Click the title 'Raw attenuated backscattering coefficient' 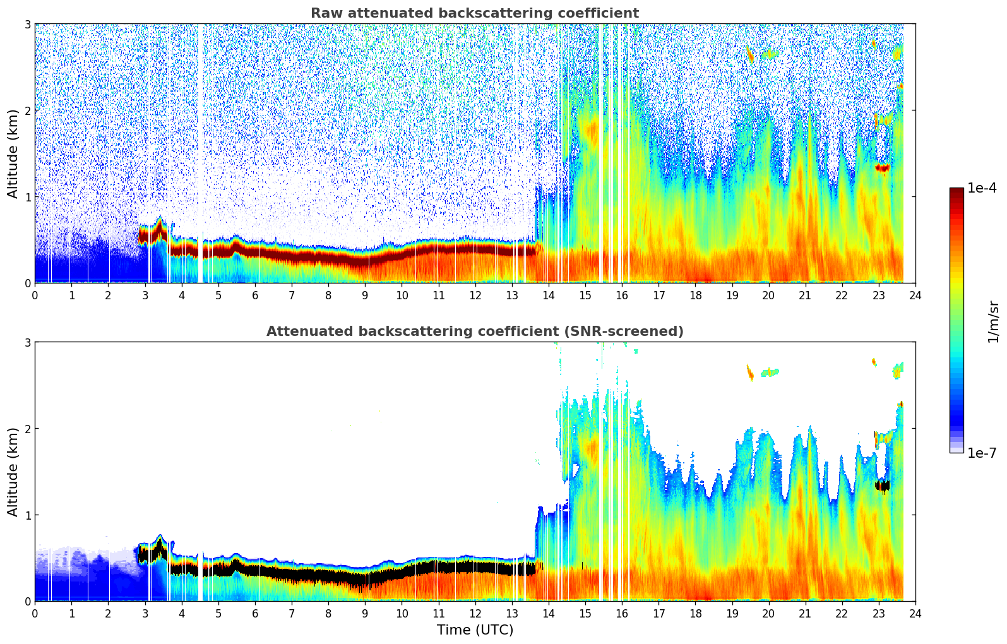(474, 13)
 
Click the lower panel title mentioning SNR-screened (474, 331)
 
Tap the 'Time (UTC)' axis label (475, 629)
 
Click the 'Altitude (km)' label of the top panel (13, 153)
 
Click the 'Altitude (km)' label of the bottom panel (13, 472)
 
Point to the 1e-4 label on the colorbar (982, 188)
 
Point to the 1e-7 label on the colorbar (982, 453)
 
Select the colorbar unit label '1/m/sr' (993, 321)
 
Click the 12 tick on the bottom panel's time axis (475, 613)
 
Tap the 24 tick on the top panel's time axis (915, 295)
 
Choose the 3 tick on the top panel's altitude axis (27, 24)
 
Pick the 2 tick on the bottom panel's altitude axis (27, 429)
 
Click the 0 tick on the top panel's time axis (35, 295)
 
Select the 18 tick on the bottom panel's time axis (695, 613)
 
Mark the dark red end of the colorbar (956, 191)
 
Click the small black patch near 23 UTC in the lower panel (882, 486)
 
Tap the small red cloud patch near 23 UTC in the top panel (882, 167)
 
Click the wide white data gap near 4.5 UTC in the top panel (201, 152)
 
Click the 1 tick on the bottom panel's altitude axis (27, 515)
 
